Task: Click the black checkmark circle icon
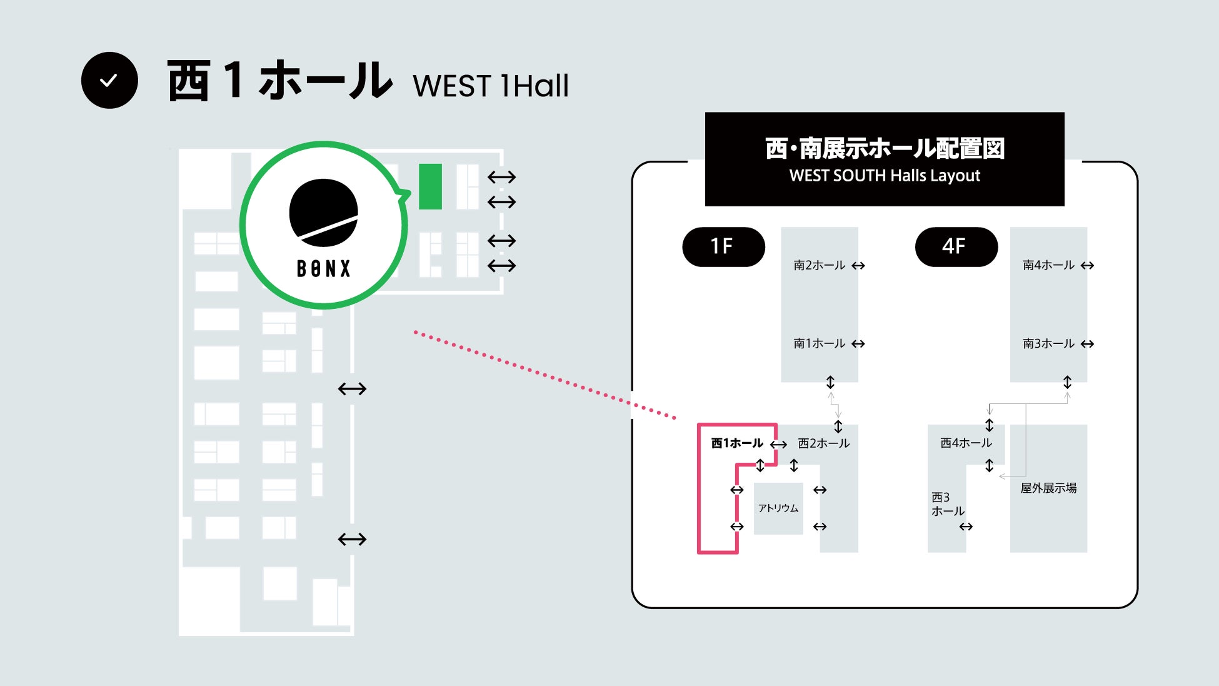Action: tap(109, 80)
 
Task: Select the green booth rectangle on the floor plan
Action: tap(430, 186)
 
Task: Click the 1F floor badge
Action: tap(723, 246)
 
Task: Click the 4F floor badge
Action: tap(956, 246)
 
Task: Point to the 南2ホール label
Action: tap(819, 265)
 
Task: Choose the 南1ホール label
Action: tap(819, 343)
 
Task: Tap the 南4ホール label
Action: tap(1048, 265)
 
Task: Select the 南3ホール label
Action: tap(1048, 343)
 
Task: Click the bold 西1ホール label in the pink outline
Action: tap(737, 443)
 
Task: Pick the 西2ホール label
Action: tap(824, 443)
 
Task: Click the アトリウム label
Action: tap(778, 508)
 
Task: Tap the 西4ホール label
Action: tap(966, 443)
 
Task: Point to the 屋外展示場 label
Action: tap(1048, 488)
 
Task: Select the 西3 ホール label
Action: tap(947, 504)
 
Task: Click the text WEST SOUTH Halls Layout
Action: tap(885, 176)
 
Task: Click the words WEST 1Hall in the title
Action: tap(491, 86)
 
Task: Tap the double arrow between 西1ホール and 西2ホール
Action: tap(778, 445)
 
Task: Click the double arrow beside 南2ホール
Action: tap(858, 266)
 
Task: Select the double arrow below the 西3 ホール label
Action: tap(966, 527)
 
